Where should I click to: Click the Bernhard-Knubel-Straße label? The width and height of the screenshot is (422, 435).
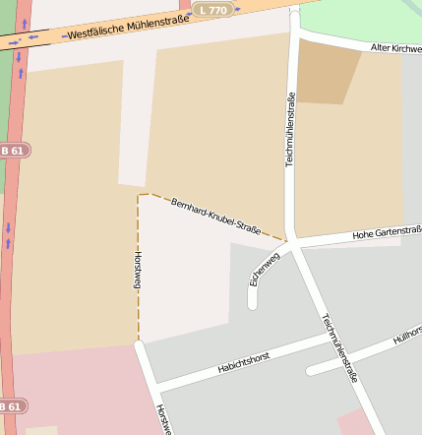point(215,217)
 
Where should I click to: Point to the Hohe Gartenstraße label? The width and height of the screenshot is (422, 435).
point(386,232)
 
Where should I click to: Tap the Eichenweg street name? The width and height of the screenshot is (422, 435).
point(265,269)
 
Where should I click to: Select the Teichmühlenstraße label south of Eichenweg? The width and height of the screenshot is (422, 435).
point(339,347)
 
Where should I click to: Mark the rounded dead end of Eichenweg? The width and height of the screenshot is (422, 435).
point(253,302)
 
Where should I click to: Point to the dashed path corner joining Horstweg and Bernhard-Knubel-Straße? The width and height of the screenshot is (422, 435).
point(140,195)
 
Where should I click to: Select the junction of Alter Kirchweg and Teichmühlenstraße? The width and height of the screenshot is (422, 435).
point(294,32)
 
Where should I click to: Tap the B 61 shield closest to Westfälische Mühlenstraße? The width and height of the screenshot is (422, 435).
point(13,151)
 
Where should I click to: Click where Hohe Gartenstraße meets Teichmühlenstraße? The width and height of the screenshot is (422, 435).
point(292,240)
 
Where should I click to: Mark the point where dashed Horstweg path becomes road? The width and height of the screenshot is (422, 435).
point(139,342)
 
